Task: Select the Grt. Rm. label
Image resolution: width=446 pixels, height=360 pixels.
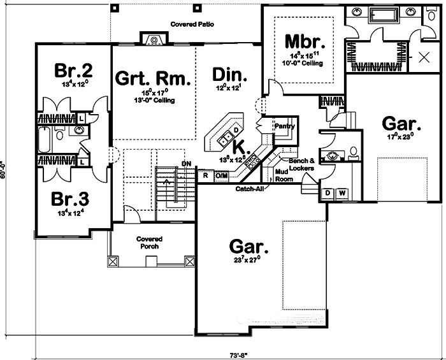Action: [x=153, y=78]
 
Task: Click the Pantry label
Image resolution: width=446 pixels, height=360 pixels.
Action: [x=284, y=126]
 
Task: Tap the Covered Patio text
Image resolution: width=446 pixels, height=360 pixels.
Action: [x=191, y=24]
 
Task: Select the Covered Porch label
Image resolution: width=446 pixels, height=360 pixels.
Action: [x=148, y=242]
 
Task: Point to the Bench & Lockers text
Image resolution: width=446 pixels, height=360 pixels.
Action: [x=302, y=163]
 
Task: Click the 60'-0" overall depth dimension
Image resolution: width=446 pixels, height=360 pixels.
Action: [x=5, y=173]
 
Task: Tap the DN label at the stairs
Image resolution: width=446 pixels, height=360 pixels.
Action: [x=186, y=164]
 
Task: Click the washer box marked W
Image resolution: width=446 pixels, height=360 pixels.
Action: [x=342, y=192]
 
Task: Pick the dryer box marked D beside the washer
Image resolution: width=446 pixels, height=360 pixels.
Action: [x=328, y=192]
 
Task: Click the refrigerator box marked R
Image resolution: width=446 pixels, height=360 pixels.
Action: [x=206, y=175]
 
